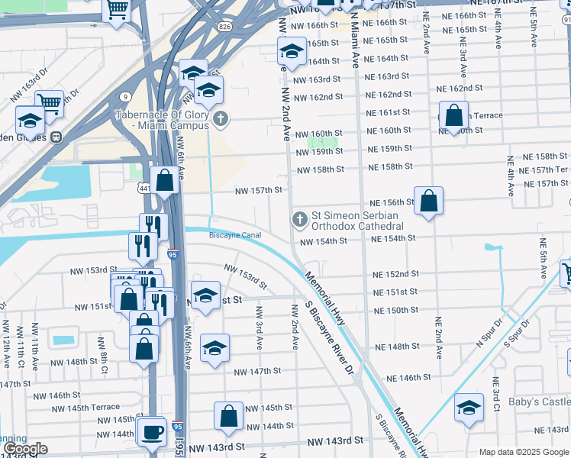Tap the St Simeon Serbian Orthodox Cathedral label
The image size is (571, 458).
point(356,221)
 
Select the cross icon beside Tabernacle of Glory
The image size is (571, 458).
point(221,119)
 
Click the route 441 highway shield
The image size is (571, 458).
point(144,188)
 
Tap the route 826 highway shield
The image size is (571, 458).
point(224,27)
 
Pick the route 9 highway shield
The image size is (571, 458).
point(124,96)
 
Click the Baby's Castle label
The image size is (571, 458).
point(540,402)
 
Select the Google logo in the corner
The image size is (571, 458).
point(25,449)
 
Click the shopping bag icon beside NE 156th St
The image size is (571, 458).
point(429,202)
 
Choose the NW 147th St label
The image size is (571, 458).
point(257,371)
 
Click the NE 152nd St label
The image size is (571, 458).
point(395,274)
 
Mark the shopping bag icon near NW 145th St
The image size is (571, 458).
point(229,417)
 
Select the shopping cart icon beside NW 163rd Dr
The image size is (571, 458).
point(50,103)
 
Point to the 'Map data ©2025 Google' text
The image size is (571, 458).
point(523,452)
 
